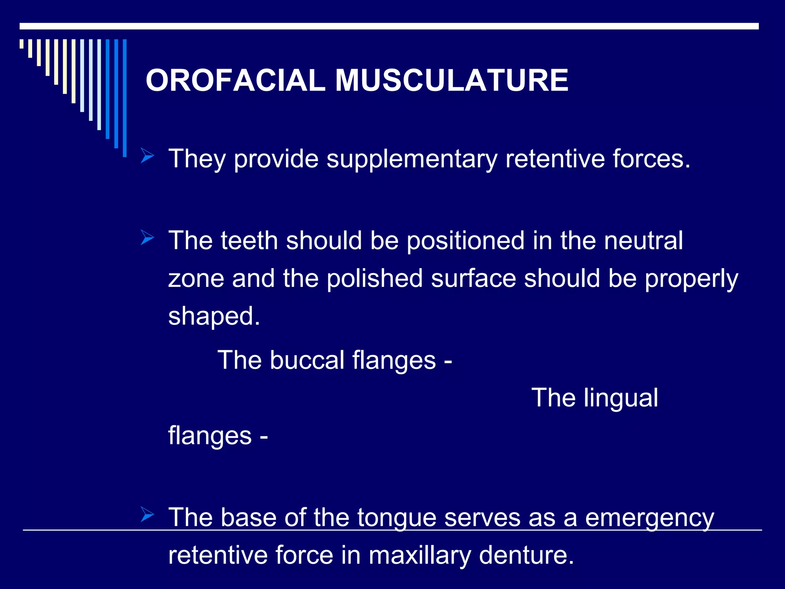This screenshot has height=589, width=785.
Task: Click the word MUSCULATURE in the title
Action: pyautogui.click(x=452, y=81)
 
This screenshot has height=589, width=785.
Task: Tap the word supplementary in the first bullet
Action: pyautogui.click(x=412, y=159)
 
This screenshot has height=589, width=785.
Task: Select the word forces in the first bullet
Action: pyautogui.click(x=651, y=159)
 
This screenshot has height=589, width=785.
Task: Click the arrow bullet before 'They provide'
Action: pyautogui.click(x=147, y=156)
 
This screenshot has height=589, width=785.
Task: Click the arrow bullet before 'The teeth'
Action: pyautogui.click(x=147, y=237)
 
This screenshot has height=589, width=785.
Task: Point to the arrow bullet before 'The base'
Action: pyautogui.click(x=147, y=514)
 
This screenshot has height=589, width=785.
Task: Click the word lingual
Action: pyautogui.click(x=621, y=398)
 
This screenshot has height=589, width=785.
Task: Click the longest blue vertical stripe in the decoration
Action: pyautogui.click(x=125, y=98)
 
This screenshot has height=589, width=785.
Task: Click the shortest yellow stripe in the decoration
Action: pyautogui.click(x=22, y=44)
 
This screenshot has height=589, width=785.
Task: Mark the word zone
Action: pyautogui.click(x=196, y=278)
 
